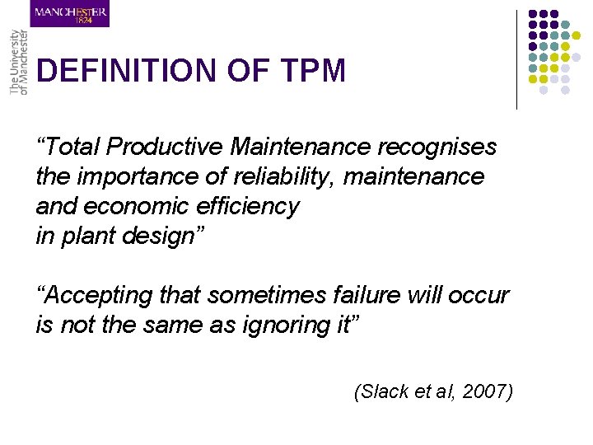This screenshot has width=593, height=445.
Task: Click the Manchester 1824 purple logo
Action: pos(70,14)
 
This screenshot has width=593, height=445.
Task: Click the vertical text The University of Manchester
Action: pos(18,63)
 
